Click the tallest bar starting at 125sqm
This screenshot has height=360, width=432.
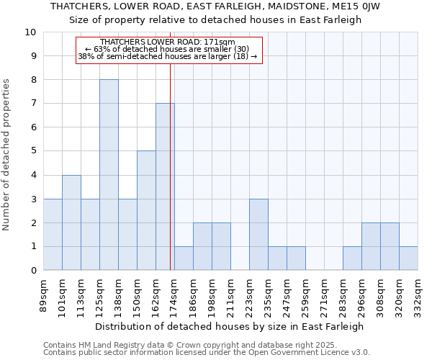point(109,174)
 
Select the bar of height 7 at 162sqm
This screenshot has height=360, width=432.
point(165,186)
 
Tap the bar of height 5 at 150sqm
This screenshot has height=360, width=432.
point(146,210)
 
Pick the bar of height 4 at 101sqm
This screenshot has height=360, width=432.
point(71,222)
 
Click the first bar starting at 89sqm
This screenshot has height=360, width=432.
point(53,234)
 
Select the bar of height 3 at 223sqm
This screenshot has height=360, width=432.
point(258,234)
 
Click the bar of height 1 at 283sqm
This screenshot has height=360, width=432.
point(352,258)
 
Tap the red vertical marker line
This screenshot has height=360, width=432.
point(170,180)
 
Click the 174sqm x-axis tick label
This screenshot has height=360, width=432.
point(175,293)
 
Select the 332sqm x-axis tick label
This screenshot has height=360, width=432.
point(418,293)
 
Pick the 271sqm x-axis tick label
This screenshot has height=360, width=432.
point(325,293)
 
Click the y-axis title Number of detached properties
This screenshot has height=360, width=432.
point(7,156)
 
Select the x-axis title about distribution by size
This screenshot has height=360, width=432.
point(230,326)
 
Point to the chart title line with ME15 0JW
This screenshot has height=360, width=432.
point(215,6)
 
